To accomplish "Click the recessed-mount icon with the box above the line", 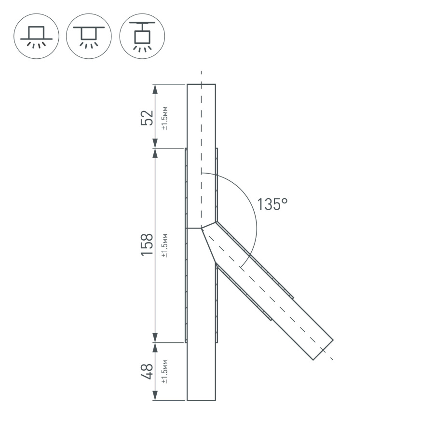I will [x=37, y=36].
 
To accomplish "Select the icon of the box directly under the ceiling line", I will [x=89, y=36].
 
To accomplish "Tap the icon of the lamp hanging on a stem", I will [x=142, y=36].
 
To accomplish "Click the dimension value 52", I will [x=147, y=117].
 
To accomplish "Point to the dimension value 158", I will [x=147, y=244].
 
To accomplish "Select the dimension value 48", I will [x=147, y=371].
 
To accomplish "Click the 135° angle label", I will [x=272, y=204].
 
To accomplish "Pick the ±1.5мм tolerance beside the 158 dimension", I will [x=164, y=245].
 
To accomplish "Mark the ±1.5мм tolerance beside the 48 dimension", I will [x=164, y=372].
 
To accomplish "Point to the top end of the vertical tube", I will [x=201, y=84].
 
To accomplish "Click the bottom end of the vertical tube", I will [x=201, y=400].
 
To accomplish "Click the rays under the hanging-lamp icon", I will [x=142, y=49].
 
